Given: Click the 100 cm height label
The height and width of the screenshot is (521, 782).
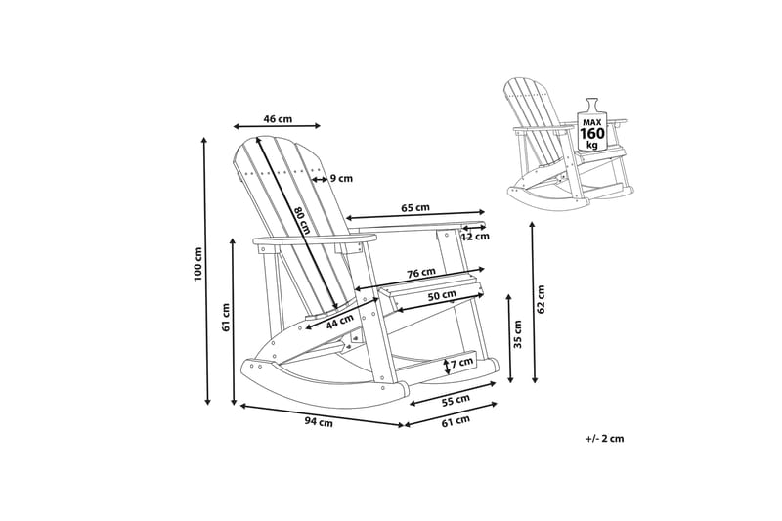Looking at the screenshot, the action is tap(198, 264).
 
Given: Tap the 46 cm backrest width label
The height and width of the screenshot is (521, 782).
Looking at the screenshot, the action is tap(278, 119).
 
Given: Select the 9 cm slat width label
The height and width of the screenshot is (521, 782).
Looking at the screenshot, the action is tap(341, 178).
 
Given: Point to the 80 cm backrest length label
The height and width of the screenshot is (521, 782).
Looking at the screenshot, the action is tap(302, 220).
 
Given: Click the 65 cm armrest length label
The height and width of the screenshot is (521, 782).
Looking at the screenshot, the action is tap(415, 208).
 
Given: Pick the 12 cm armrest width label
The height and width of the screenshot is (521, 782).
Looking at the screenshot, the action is tap(475, 237).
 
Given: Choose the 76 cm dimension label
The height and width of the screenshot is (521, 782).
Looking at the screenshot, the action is tap(421, 273).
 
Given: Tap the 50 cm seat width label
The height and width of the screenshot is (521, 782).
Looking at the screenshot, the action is tap(442, 295).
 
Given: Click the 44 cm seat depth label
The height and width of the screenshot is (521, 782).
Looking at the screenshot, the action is tap(339, 322).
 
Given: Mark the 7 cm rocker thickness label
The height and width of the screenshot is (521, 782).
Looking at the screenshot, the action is tap(461, 363).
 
